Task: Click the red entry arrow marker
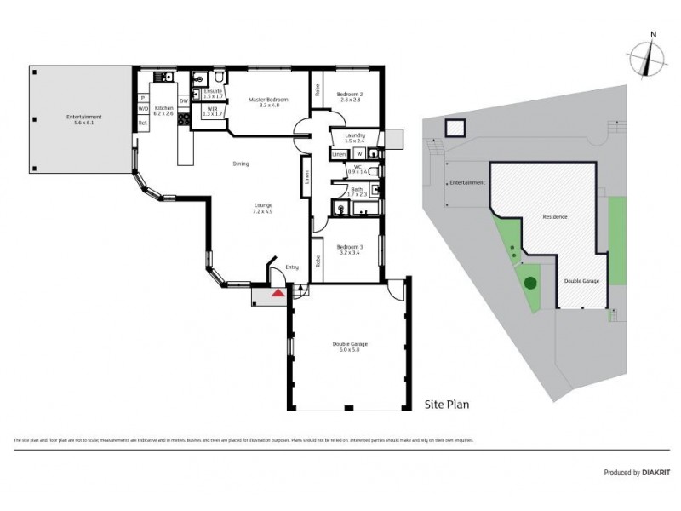pos(277,294)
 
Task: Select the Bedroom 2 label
pos(349,96)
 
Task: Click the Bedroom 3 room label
pos(349,250)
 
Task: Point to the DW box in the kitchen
pos(184,100)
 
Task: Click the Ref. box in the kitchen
pos(143,123)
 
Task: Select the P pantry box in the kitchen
pos(143,96)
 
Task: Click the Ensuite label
pos(213,93)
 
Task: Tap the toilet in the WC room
pos(375,170)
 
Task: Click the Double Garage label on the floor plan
pos(350,346)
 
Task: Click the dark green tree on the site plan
pos(529,283)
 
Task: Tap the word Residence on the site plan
pos(555,216)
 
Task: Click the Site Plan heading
pos(447,405)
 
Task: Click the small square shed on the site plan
pos(455,129)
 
